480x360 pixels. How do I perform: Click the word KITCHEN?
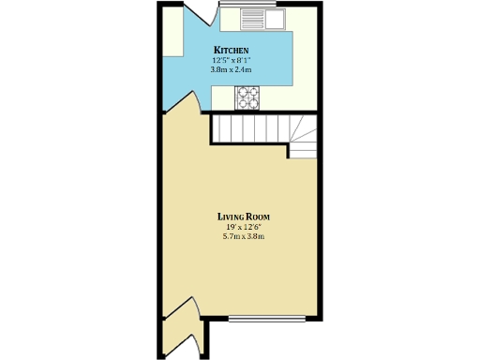click(x=231, y=50)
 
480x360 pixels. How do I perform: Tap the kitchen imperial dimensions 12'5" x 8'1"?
click(x=231, y=60)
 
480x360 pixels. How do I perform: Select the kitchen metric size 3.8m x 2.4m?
click(x=231, y=70)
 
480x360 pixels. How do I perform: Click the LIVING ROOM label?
click(x=244, y=216)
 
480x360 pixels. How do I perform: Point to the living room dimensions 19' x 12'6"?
click(x=244, y=226)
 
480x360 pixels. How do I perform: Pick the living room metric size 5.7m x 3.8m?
click(x=244, y=236)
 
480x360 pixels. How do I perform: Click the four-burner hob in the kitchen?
click(x=247, y=95)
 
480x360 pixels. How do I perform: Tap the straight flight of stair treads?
click(x=247, y=128)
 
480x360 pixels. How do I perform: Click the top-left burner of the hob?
click(x=243, y=90)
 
